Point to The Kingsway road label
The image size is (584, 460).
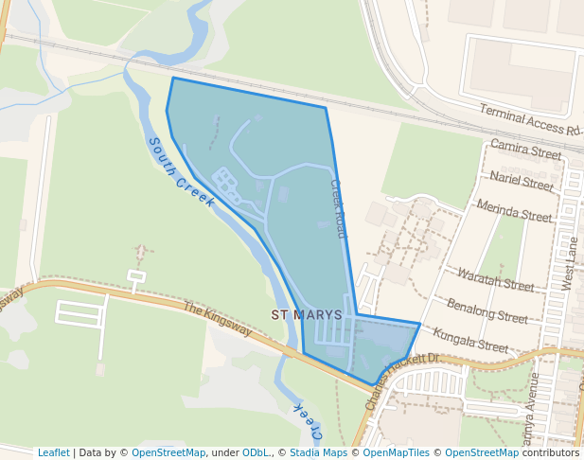click(x=218, y=319)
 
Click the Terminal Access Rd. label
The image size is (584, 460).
click(x=529, y=120)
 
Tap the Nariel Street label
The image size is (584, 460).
click(x=522, y=181)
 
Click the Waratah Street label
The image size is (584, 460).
click(x=495, y=278)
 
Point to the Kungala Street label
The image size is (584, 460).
click(x=470, y=339)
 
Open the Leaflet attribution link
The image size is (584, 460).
click(x=53, y=452)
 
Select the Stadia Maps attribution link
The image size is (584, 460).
click(x=318, y=452)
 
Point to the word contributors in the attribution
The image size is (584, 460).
click(x=551, y=452)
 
